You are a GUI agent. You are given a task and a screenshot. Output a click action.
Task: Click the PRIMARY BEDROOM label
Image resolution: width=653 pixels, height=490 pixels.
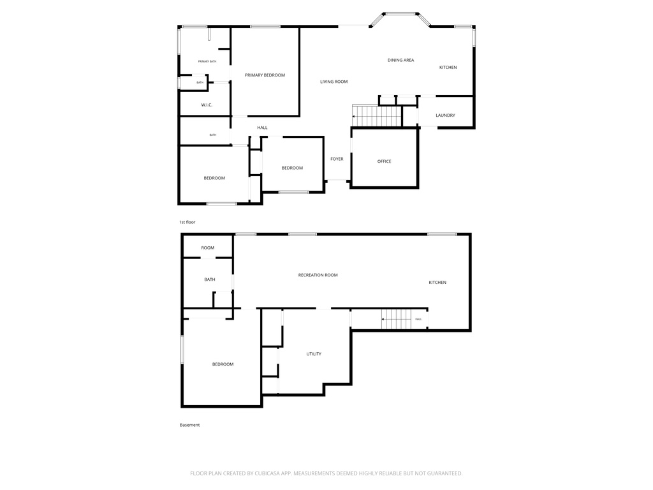click(265, 75)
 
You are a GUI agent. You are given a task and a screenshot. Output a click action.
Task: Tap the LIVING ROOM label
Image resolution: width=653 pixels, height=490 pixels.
click(334, 82)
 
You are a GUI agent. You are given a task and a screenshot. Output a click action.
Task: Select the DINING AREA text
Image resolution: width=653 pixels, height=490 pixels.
click(400, 60)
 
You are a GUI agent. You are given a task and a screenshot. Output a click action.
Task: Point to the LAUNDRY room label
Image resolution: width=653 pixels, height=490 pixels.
click(445, 115)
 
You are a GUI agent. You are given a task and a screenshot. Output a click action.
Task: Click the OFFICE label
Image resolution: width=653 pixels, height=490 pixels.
click(384, 161)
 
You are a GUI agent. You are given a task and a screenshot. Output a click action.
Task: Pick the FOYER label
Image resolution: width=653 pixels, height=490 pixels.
click(337, 159)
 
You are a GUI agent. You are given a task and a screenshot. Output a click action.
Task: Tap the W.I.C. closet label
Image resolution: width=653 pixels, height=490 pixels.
click(207, 105)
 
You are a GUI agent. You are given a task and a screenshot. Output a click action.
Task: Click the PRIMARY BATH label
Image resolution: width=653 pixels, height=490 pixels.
click(207, 61)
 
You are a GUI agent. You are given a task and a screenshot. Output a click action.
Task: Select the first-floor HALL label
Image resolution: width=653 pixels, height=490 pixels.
click(262, 128)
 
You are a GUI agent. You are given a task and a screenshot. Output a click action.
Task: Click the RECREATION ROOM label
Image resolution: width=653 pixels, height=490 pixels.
click(318, 275)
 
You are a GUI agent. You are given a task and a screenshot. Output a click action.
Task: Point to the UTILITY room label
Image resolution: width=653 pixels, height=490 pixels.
click(314, 354)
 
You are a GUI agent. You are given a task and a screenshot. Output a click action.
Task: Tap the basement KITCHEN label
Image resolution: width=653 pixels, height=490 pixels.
click(437, 283)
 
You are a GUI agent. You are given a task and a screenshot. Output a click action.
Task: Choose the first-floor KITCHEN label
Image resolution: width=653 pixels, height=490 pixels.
click(448, 68)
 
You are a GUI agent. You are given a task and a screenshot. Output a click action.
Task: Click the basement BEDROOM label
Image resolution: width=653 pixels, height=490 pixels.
click(223, 364)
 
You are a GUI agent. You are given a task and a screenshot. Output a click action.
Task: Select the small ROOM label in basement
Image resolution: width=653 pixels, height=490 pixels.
click(208, 248)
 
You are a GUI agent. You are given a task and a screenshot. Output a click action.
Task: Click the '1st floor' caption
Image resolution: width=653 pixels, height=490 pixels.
click(187, 222)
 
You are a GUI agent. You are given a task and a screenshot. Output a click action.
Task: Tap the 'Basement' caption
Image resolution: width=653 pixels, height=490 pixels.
click(189, 425)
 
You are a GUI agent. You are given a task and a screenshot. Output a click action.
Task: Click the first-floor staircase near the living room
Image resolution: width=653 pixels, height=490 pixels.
click(377, 117)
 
